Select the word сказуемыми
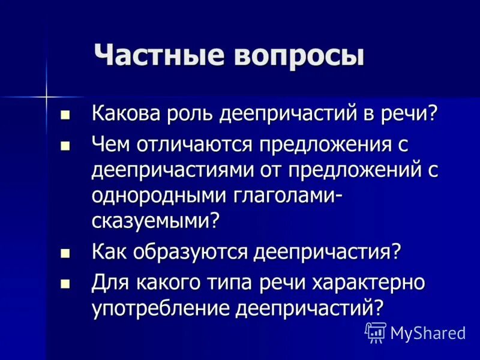[152, 221]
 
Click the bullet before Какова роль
[66, 113]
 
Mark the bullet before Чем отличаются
[66, 145]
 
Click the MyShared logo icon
[375, 332]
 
